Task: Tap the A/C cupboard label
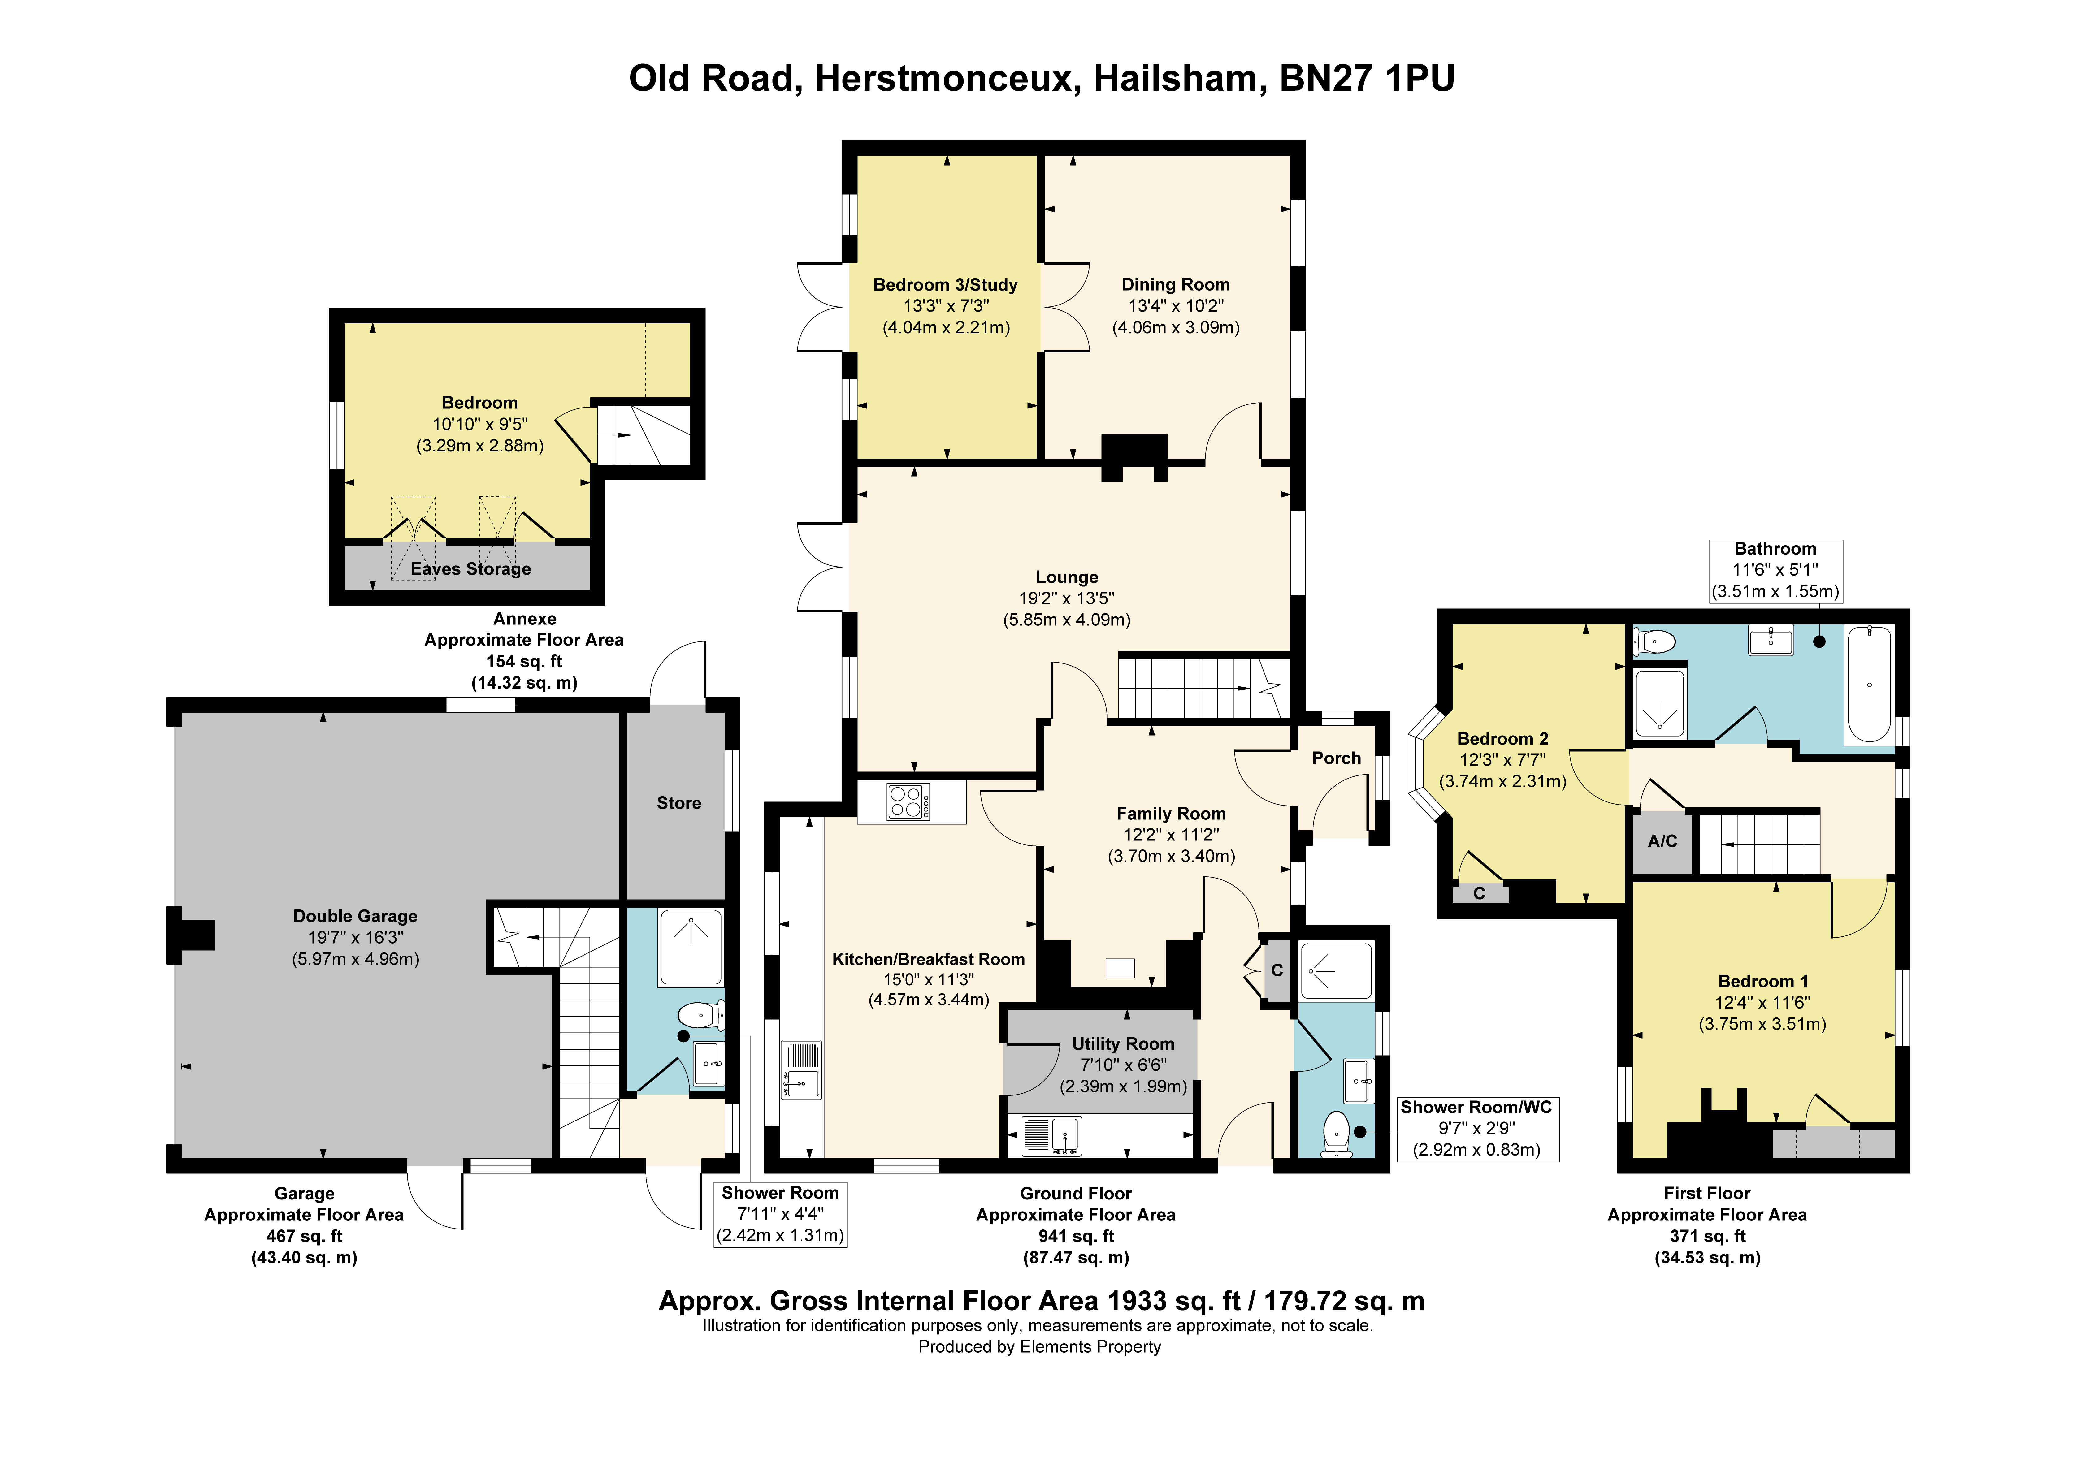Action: tap(1662, 841)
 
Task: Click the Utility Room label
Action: tap(1123, 1043)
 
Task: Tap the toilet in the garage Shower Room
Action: tap(701, 1014)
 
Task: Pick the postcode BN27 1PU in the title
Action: tap(1367, 79)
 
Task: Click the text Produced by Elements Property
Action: tap(1040, 1347)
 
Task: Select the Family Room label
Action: tap(1171, 814)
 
